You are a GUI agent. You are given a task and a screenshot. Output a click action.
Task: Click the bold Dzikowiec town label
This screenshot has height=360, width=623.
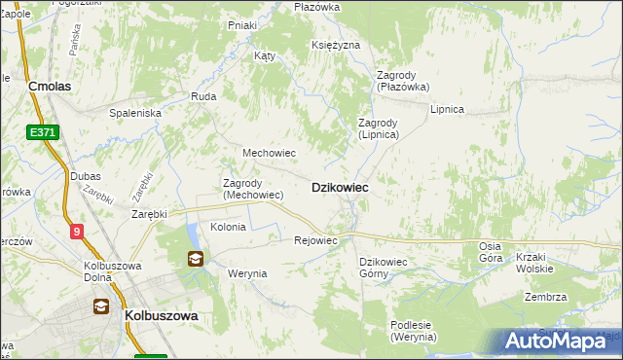click(339, 187)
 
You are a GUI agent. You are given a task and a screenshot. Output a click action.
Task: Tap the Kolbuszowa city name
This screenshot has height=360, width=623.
click(162, 316)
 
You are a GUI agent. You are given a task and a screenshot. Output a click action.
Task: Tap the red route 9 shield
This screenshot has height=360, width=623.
click(77, 231)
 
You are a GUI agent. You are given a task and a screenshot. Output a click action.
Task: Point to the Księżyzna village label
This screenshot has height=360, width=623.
click(336, 46)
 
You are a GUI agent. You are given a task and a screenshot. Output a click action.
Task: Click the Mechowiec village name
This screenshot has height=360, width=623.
click(269, 153)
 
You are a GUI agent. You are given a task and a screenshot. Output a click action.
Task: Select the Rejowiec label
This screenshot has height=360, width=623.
click(315, 240)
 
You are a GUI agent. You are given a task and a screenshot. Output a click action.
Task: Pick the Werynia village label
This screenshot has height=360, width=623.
click(246, 273)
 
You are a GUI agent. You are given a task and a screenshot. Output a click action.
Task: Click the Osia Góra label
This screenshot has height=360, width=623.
click(491, 252)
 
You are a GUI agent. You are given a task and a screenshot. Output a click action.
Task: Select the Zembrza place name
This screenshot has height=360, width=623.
click(544, 297)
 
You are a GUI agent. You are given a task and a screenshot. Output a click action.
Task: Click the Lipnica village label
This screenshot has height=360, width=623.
click(447, 109)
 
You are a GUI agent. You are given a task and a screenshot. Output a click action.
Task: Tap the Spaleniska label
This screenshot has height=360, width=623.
click(134, 113)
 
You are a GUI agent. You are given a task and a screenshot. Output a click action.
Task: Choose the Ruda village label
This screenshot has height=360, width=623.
click(203, 96)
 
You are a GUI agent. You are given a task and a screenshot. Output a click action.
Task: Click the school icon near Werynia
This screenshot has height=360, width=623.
click(196, 258)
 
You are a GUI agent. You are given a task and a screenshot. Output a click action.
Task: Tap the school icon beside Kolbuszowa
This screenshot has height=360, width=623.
click(101, 306)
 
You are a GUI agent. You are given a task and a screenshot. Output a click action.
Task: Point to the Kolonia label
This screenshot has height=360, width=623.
click(228, 226)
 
